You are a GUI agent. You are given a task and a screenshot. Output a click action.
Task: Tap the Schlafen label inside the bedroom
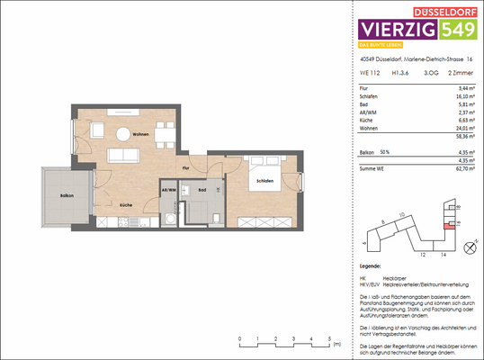tap(263, 181)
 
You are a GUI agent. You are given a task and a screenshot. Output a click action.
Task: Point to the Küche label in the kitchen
tap(126, 204)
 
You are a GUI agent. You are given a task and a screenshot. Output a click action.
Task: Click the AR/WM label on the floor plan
tap(167, 191)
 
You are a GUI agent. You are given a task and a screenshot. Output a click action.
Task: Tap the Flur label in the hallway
tap(184, 168)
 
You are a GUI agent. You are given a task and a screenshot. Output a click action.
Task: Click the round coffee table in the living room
tap(122, 134)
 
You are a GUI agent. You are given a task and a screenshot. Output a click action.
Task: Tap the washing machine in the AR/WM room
tap(168, 218)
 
